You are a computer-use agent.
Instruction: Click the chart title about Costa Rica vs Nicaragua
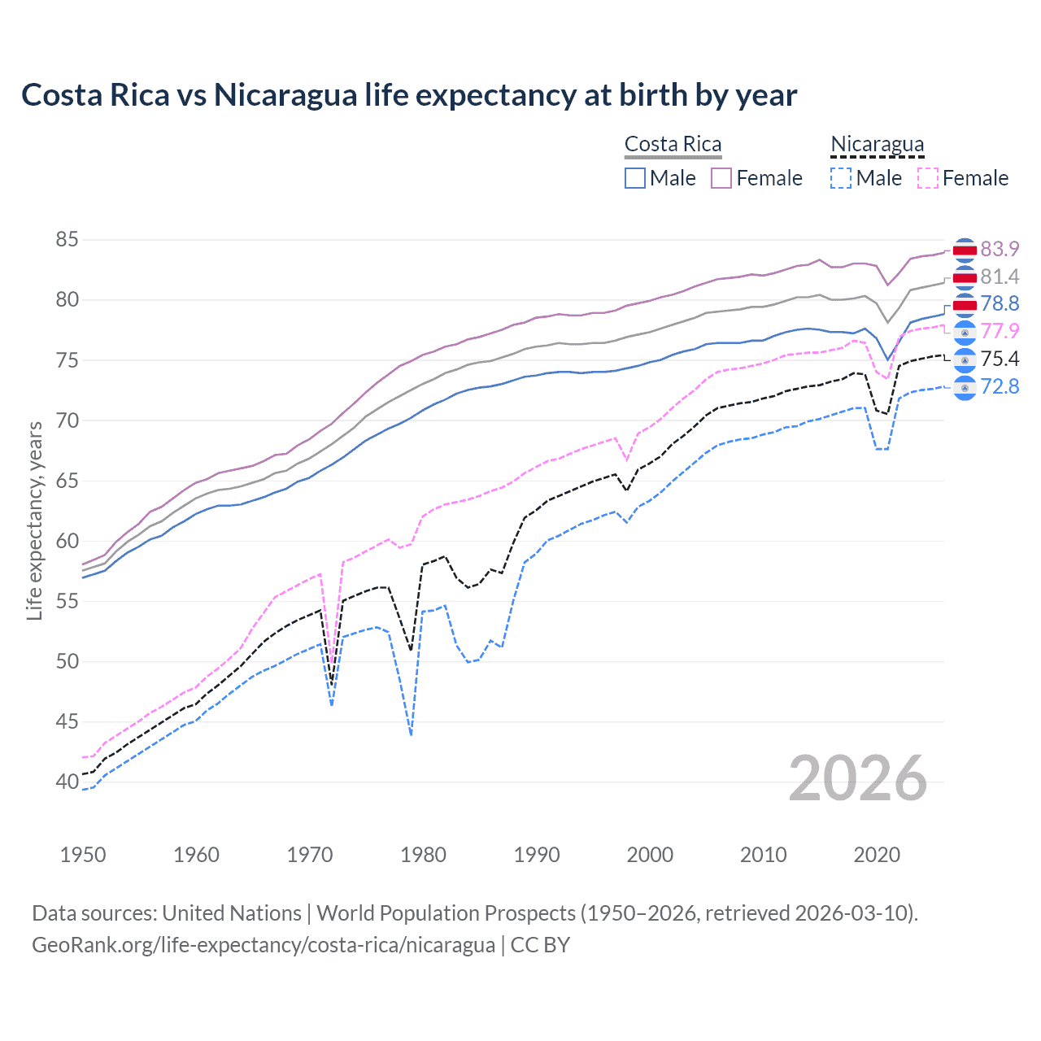(x=409, y=95)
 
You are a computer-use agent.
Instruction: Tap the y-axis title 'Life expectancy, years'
(x=34, y=520)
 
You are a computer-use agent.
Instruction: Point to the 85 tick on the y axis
(x=67, y=240)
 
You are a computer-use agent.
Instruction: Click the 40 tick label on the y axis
(x=67, y=782)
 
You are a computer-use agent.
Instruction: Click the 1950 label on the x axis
(x=83, y=855)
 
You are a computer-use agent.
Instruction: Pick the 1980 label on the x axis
(x=423, y=855)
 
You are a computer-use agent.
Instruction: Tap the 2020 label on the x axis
(x=877, y=855)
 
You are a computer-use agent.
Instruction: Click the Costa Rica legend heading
(x=673, y=144)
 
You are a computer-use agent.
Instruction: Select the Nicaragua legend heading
(x=877, y=144)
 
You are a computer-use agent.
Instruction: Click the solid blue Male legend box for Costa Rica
(x=635, y=178)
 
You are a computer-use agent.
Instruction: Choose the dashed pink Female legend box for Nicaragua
(x=928, y=178)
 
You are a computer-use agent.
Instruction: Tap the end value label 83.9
(x=1000, y=249)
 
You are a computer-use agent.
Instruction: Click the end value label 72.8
(x=1000, y=386)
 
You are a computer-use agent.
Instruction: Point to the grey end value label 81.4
(x=1000, y=277)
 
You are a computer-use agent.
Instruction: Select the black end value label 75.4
(x=1000, y=359)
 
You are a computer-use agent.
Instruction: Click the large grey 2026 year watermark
(x=857, y=779)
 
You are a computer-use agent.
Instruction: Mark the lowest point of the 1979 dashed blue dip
(x=412, y=734)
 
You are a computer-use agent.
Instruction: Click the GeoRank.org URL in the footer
(x=264, y=945)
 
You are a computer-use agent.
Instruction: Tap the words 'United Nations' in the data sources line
(x=232, y=913)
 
